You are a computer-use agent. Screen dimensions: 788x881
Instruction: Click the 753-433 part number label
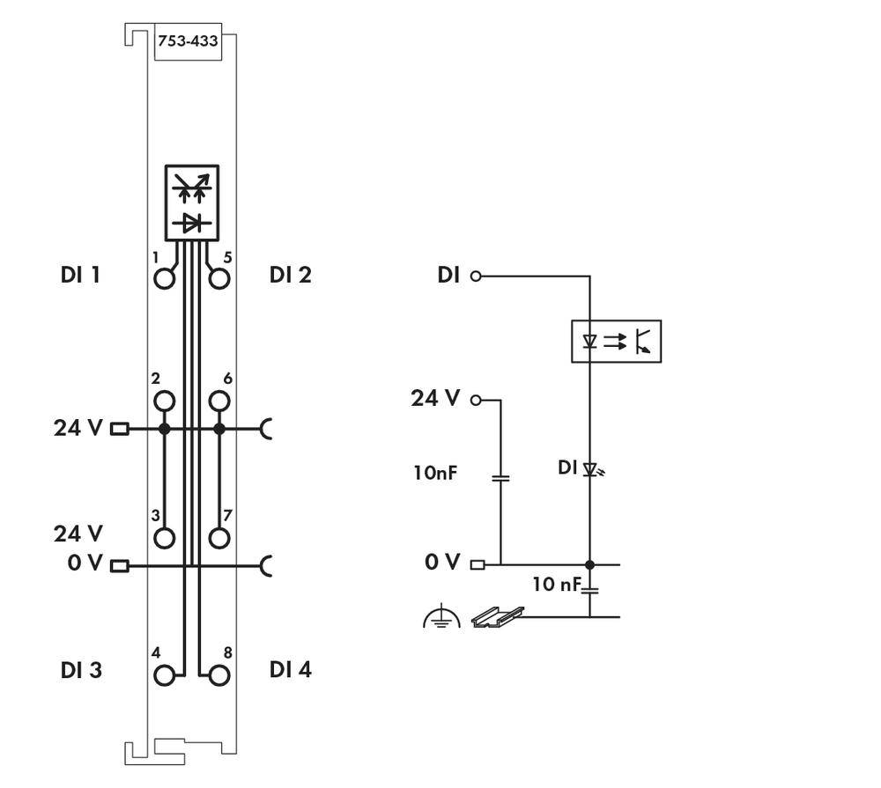point(187,41)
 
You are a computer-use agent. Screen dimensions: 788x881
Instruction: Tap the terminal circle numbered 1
point(164,279)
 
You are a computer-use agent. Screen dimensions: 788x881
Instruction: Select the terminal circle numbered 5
point(219,279)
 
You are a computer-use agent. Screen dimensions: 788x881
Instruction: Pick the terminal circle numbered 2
point(164,402)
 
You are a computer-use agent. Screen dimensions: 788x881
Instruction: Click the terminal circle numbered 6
point(219,402)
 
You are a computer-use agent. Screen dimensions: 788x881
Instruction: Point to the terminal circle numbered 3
point(164,538)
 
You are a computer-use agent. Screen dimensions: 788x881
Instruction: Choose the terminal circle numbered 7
point(219,538)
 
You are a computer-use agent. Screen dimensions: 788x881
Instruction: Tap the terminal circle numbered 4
point(164,675)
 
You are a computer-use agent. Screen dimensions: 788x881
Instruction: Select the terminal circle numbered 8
point(219,675)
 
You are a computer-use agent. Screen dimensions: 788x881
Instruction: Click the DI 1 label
point(80,275)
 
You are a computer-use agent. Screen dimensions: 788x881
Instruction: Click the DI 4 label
point(290,670)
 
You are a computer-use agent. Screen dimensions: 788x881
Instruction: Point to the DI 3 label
point(81,670)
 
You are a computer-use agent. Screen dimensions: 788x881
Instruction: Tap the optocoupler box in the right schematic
point(616,342)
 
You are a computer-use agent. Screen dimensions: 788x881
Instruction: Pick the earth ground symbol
point(441,618)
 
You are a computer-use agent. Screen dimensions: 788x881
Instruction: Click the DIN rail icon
point(498,617)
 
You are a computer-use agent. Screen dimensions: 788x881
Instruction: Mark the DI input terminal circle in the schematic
point(477,276)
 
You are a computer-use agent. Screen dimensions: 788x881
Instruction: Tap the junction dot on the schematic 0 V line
point(590,564)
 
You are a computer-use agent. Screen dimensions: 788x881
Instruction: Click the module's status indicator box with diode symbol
point(191,202)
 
